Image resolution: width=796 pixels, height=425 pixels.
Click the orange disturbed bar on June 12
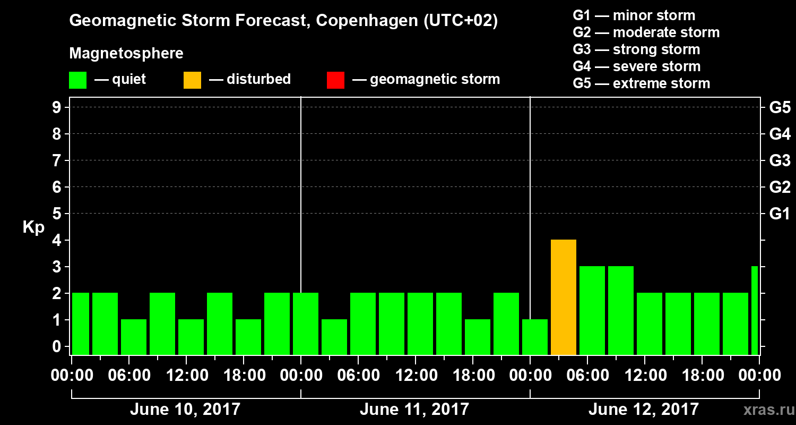click(564, 297)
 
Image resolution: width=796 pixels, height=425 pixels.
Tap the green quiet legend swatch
click(78, 80)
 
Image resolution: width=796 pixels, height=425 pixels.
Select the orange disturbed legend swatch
click(193, 80)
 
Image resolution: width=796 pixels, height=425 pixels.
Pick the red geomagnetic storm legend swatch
click(335, 80)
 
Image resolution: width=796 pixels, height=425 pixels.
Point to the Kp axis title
click(33, 227)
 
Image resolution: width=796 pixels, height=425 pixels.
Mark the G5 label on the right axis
click(780, 107)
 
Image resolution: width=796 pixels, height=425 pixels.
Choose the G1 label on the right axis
click(780, 214)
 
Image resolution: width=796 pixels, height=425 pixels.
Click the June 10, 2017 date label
click(185, 410)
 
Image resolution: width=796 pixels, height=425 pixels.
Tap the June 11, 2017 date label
click(414, 410)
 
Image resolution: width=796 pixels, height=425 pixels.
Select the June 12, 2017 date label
click(644, 410)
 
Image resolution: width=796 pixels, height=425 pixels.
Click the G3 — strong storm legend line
click(636, 49)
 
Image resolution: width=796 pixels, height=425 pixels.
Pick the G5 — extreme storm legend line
click(641, 83)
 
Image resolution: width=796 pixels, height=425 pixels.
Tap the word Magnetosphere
click(126, 54)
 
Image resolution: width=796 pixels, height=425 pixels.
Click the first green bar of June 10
click(81, 324)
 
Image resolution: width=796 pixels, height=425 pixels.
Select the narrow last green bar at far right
click(755, 310)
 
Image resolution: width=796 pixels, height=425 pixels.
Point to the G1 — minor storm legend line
click(634, 15)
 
